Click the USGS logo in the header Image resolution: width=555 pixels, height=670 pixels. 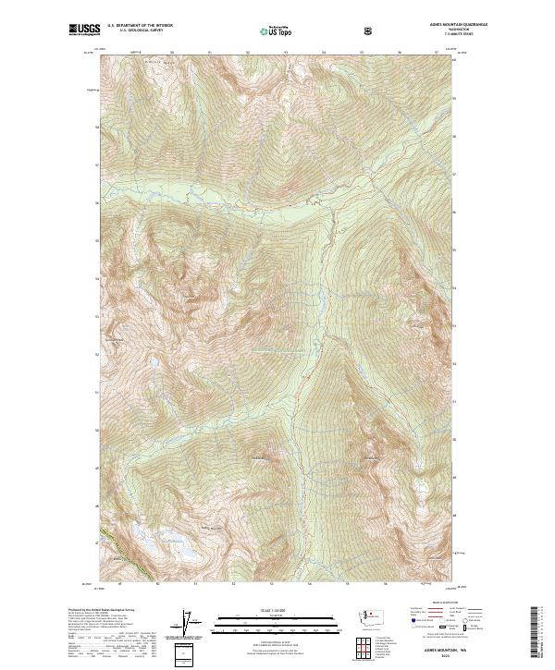[84, 30]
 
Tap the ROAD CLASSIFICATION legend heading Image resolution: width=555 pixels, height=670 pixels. [438, 607]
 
